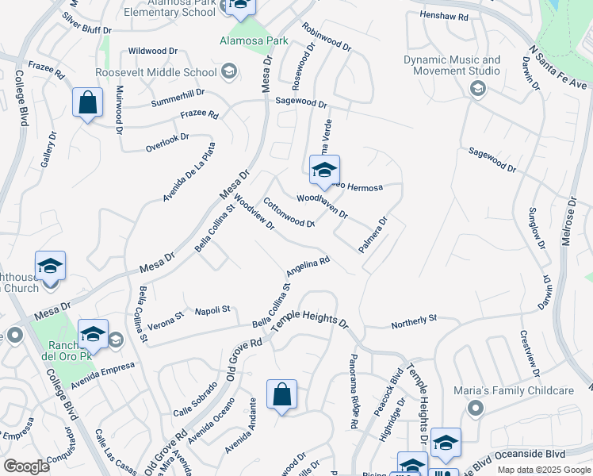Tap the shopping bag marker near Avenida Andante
pyautogui.click(x=282, y=395)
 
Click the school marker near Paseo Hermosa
pyautogui.click(x=324, y=171)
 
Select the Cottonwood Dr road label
pyautogui.click(x=289, y=213)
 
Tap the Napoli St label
pyautogui.click(x=212, y=309)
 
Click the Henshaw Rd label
pyautogui.click(x=445, y=16)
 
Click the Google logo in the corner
pyautogui.click(x=26, y=466)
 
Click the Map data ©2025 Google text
pyautogui.click(x=543, y=470)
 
